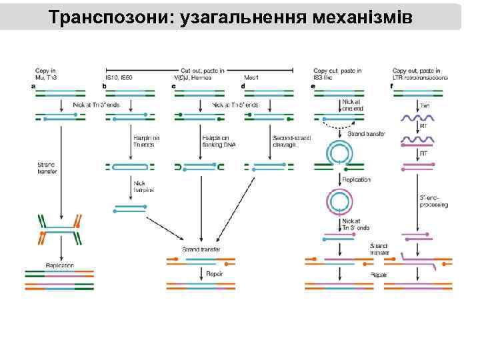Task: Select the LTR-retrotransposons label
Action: click(420, 77)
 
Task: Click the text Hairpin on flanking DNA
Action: click(215, 141)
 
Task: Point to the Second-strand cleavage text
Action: click(288, 141)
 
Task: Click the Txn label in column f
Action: click(424, 105)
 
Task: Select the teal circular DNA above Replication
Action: click(339, 153)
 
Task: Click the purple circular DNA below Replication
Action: click(339, 201)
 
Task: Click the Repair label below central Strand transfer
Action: click(215, 273)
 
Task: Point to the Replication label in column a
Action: click(60, 265)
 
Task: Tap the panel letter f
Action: click(391, 86)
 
